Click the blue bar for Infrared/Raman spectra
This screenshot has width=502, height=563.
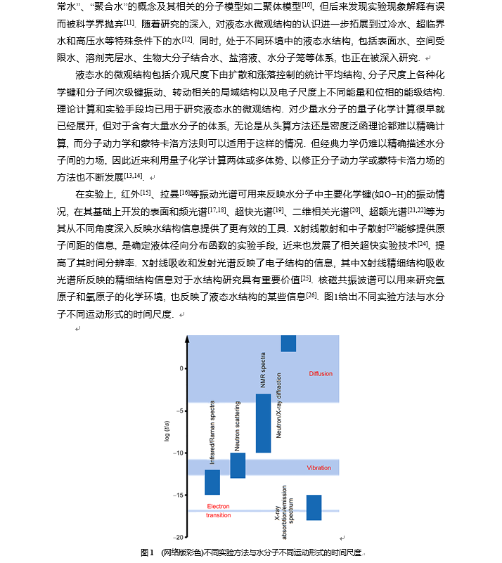point(212,482)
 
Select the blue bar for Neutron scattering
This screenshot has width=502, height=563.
point(238,465)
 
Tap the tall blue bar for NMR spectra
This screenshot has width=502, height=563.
point(263,422)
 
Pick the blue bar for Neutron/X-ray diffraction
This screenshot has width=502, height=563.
point(288,343)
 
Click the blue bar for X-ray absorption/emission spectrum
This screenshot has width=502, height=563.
point(314,507)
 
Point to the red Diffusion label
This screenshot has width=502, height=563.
point(321,373)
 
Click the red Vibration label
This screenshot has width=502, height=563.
point(318,467)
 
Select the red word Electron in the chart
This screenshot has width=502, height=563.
point(218,506)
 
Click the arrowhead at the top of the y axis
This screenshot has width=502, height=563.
point(187,339)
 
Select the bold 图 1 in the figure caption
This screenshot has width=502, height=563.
point(147,552)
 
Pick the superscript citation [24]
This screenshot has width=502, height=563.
point(423,243)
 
